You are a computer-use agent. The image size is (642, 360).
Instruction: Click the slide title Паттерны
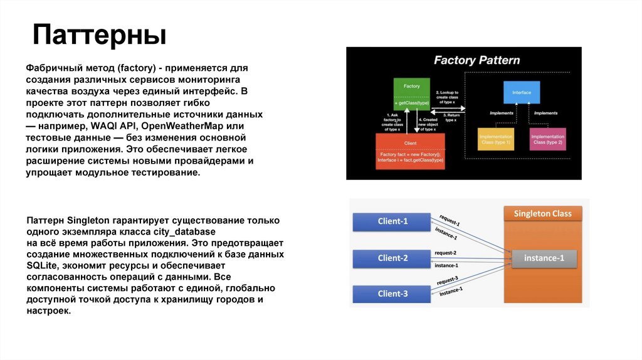click(99, 35)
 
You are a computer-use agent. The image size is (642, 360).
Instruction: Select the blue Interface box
click(521, 93)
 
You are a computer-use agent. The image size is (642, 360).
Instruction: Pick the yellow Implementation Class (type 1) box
click(496, 139)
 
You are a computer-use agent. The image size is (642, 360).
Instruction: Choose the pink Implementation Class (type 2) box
click(547, 139)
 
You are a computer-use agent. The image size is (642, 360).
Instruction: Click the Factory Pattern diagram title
click(477, 60)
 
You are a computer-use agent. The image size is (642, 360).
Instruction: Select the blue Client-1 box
click(392, 221)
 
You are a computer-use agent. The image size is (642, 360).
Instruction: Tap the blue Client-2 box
click(392, 258)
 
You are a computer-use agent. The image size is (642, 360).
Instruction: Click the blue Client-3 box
click(392, 294)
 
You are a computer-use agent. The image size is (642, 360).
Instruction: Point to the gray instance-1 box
click(544, 258)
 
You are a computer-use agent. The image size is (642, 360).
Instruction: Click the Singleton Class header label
click(542, 214)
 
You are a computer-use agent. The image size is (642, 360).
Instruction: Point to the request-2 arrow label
click(445, 253)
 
